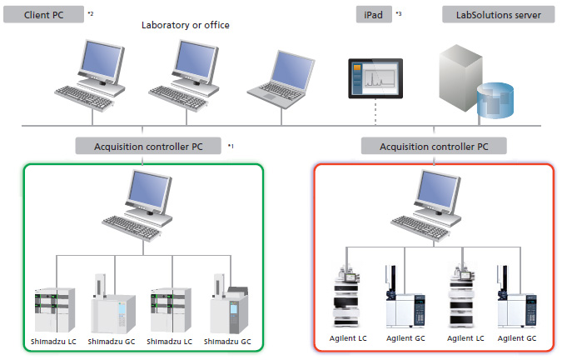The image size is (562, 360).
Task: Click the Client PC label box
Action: click(x=42, y=14)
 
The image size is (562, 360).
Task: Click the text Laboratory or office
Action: click(x=186, y=26)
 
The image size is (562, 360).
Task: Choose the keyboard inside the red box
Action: click(x=419, y=222)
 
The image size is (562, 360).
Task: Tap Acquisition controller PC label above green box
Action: click(x=149, y=147)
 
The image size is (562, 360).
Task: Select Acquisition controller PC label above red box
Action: click(x=435, y=147)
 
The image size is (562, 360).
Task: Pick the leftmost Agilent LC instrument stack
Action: click(x=346, y=300)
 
